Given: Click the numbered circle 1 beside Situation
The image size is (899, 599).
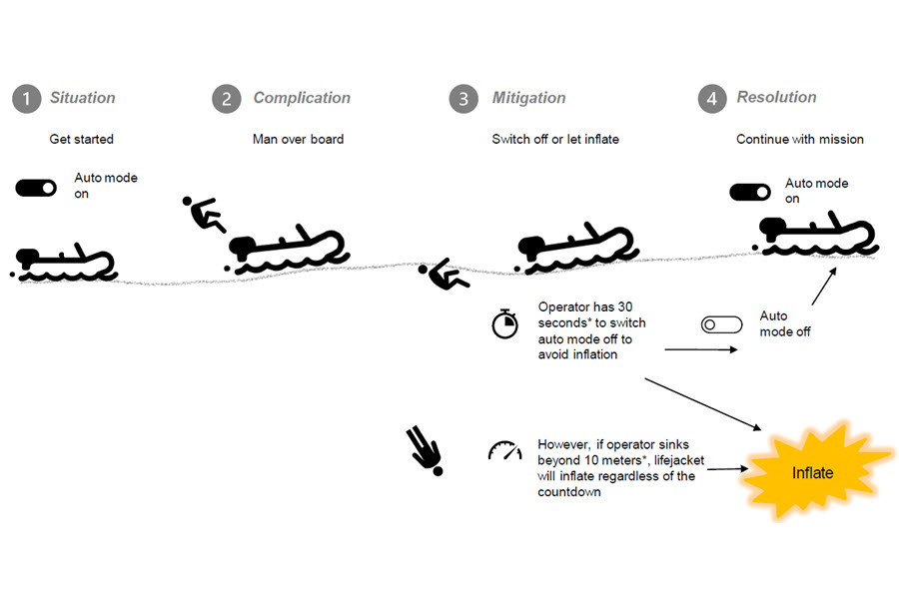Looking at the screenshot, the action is click(x=26, y=99).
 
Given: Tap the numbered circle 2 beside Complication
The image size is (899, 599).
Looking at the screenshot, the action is click(x=227, y=99).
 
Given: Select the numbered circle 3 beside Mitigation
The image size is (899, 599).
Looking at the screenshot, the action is click(x=463, y=99).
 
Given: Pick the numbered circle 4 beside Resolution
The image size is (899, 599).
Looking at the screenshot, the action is click(x=712, y=99).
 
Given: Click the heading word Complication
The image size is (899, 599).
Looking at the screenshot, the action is click(x=302, y=98).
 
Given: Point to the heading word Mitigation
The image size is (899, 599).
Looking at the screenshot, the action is click(x=528, y=98).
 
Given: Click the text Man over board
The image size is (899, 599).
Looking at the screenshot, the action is click(x=298, y=140).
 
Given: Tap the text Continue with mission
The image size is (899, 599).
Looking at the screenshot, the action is click(x=800, y=140).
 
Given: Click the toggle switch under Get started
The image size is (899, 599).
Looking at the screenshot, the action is click(x=36, y=188).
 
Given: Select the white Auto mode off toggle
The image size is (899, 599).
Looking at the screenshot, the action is click(x=722, y=325).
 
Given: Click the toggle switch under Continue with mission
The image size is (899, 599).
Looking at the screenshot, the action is click(x=750, y=192).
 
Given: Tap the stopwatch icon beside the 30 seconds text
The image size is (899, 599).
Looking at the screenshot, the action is click(x=505, y=323).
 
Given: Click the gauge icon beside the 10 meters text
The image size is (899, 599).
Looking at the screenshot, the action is click(x=505, y=450).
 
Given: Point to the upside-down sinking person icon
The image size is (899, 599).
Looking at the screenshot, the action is click(x=426, y=450).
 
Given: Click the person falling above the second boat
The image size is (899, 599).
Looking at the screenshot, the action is click(x=204, y=214).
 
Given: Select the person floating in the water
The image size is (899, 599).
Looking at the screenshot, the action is click(x=444, y=274).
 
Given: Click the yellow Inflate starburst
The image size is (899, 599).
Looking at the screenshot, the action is click(x=814, y=471).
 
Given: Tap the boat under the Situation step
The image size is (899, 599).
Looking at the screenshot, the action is click(x=64, y=265).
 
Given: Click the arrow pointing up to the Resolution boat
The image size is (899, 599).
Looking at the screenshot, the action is click(x=824, y=287).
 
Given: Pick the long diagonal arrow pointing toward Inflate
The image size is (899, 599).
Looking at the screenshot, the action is click(x=703, y=404).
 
